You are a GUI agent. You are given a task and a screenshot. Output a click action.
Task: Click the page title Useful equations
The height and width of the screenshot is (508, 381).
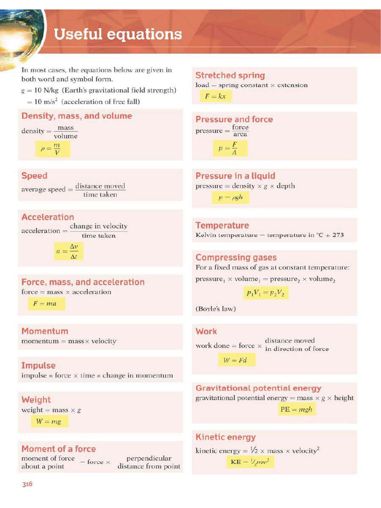[118, 35]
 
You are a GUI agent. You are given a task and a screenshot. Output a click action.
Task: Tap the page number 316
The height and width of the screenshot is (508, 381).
[27, 484]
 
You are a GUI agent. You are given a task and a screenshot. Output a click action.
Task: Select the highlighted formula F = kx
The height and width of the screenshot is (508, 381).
[215, 96]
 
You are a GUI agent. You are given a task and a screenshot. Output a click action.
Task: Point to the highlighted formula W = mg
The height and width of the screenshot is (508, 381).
[49, 421]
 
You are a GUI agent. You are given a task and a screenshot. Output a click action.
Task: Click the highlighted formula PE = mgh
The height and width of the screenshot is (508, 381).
[296, 410]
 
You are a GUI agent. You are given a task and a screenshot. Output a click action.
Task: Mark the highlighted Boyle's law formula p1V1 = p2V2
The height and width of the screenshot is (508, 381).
[265, 293]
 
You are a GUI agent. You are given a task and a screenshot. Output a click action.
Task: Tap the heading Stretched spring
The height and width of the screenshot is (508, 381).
[230, 75]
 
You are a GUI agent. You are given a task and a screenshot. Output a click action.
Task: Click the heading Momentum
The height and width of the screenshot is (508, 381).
[45, 331]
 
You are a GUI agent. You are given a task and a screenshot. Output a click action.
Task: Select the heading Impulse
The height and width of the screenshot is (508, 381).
[38, 366]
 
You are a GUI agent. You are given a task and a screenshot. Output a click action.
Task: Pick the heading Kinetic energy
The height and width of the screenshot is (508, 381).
[225, 437]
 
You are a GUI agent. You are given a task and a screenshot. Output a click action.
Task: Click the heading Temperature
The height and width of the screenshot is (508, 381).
[222, 225]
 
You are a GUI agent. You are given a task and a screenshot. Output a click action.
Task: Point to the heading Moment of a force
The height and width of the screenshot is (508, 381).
[59, 448]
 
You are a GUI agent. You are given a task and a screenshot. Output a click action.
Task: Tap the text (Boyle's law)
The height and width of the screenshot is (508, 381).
[216, 309]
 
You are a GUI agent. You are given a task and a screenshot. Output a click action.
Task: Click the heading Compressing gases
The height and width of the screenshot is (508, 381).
[236, 257]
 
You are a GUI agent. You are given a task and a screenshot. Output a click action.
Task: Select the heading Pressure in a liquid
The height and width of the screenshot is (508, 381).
[235, 176]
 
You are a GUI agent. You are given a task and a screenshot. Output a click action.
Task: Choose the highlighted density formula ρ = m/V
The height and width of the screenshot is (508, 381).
[50, 148]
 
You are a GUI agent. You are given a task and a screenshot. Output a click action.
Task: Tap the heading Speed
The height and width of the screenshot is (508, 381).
[34, 176]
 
